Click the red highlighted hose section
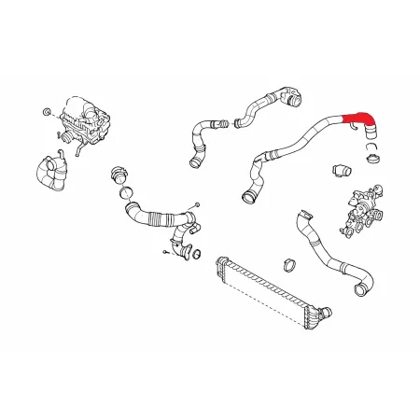click(358, 119)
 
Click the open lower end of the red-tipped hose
click(248, 196)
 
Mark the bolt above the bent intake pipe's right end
click(198, 203)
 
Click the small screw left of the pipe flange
click(163, 249)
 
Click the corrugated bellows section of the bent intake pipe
click(149, 220)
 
